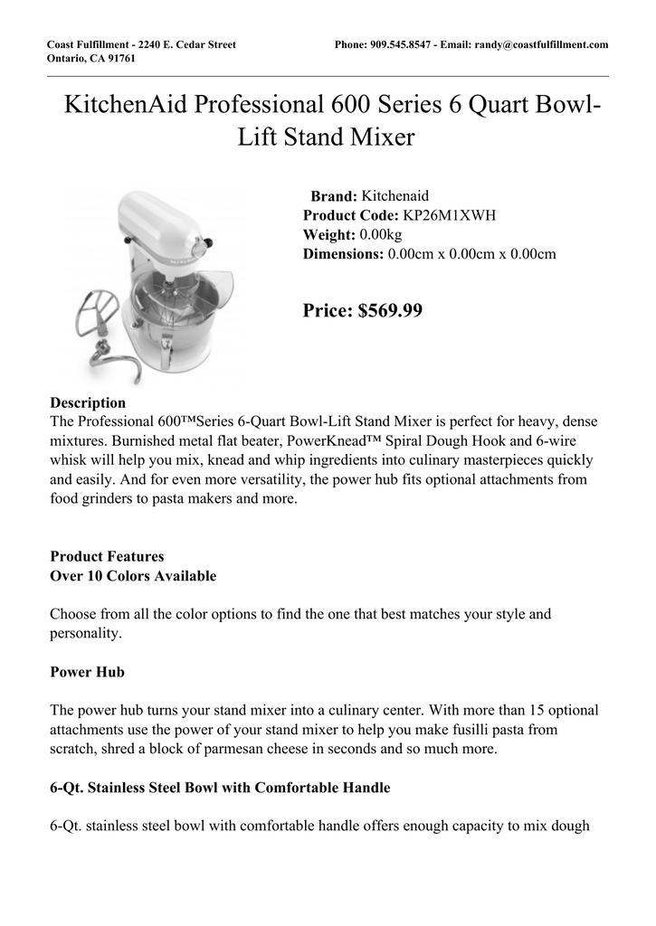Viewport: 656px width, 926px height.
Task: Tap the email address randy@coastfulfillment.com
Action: pyautogui.click(x=540, y=44)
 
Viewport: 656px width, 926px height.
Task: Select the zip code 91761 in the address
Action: pyautogui.click(x=119, y=59)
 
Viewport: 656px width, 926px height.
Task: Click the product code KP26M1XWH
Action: pyautogui.click(x=449, y=215)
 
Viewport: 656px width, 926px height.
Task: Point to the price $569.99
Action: pyautogui.click(x=390, y=311)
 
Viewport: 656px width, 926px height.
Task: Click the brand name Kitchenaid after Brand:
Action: pyautogui.click(x=395, y=195)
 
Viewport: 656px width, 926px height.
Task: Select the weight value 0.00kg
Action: pyautogui.click(x=381, y=235)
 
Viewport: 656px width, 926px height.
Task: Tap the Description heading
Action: pyautogui.click(x=88, y=402)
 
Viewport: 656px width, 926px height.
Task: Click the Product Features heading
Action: pyautogui.click(x=107, y=556)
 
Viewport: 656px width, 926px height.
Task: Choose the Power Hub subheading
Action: pyautogui.click(x=87, y=672)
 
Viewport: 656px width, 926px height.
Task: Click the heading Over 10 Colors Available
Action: pyautogui.click(x=133, y=576)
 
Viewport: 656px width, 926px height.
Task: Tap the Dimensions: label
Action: pyautogui.click(x=343, y=255)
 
